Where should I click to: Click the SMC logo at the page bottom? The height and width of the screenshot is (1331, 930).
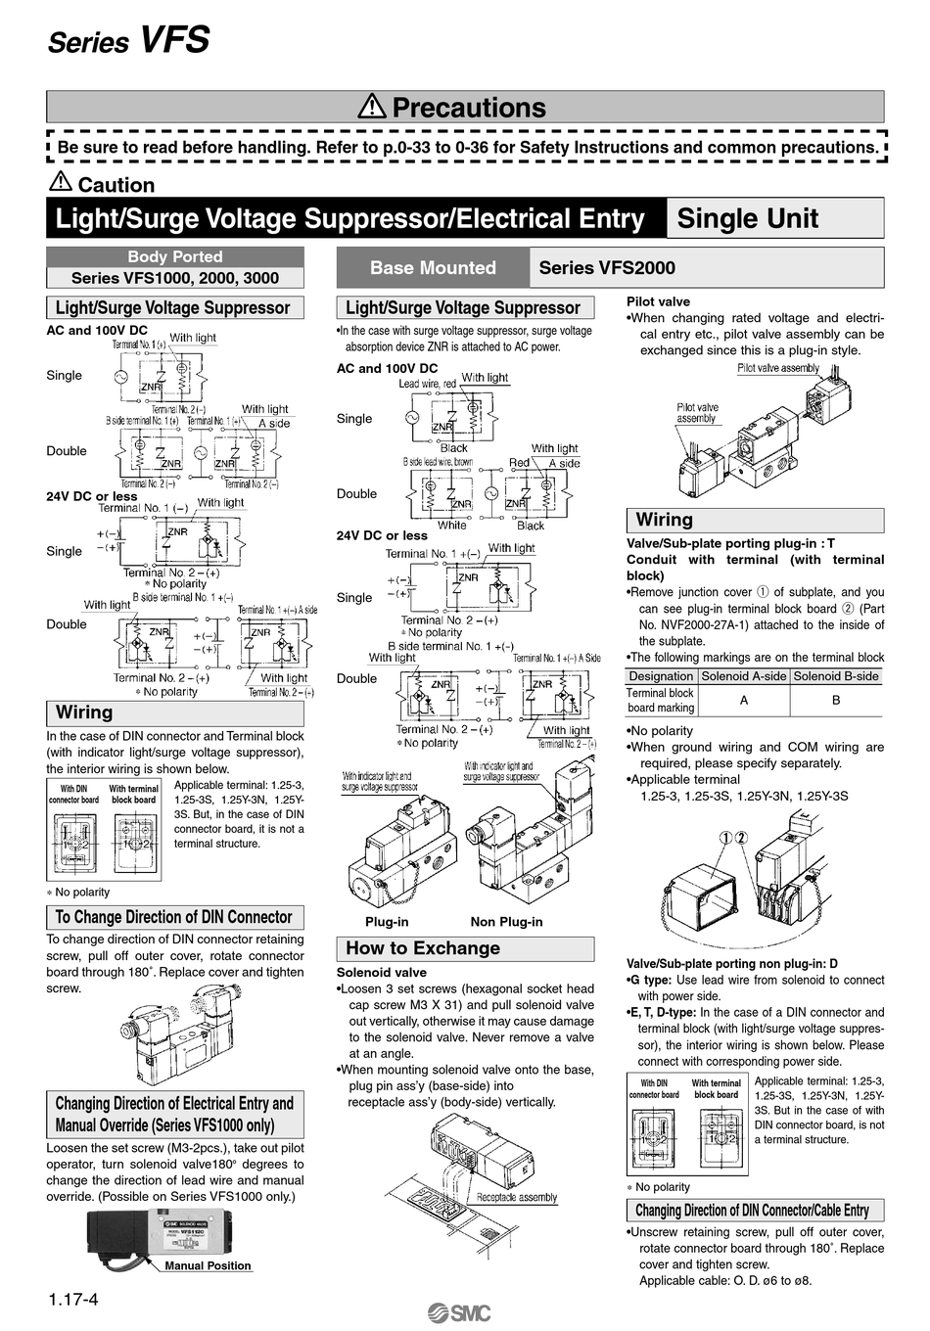click(459, 1313)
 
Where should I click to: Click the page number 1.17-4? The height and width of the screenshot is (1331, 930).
click(73, 1301)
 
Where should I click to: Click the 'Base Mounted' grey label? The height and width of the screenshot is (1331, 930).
click(433, 267)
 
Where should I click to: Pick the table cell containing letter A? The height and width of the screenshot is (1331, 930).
click(744, 701)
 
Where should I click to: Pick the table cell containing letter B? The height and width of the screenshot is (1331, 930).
click(836, 701)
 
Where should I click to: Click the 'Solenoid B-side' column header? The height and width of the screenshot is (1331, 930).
click(836, 676)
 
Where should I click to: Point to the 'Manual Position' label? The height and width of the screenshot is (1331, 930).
click(208, 1265)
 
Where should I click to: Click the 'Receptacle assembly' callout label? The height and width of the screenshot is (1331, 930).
click(517, 1197)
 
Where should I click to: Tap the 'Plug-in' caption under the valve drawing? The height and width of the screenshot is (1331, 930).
click(387, 922)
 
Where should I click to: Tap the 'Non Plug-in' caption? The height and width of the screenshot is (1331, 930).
click(506, 922)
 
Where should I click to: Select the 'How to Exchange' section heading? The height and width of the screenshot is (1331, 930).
click(423, 948)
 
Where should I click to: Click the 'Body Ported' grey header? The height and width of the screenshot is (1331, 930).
click(175, 256)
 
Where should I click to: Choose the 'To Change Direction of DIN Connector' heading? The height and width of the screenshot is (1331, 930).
click(174, 917)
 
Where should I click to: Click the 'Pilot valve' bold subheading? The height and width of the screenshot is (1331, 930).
click(658, 301)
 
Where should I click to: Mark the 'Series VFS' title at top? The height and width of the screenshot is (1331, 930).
click(128, 40)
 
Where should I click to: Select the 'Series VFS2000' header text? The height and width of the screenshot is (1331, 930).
click(607, 267)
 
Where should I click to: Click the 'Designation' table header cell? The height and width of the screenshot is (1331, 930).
click(661, 676)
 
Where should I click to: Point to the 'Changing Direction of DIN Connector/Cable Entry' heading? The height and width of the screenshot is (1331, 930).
click(752, 1211)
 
